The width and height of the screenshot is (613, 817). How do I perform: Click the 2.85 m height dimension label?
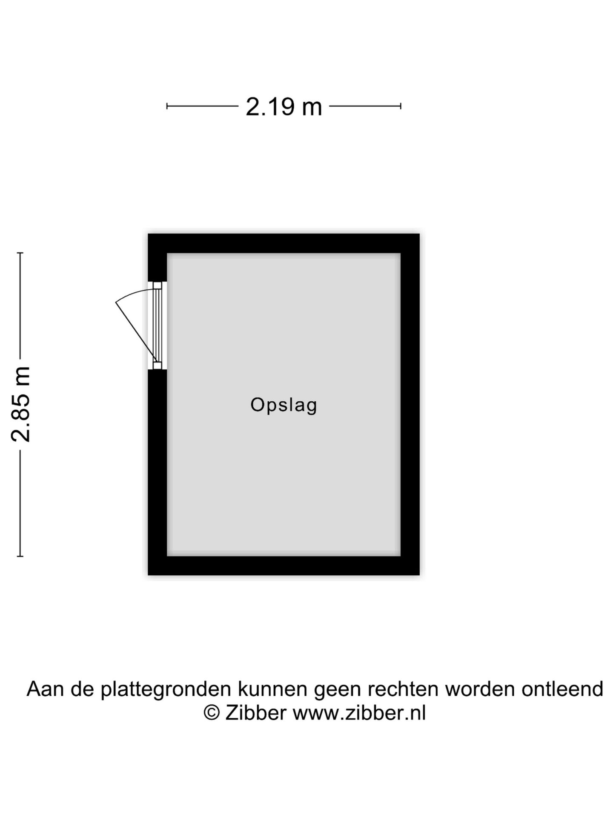(x=21, y=404)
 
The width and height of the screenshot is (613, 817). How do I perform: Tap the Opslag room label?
(x=284, y=405)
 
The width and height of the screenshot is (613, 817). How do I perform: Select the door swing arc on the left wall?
(x=135, y=294)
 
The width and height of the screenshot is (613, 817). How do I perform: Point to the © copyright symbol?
(x=212, y=713)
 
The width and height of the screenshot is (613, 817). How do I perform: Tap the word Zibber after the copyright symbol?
(x=256, y=713)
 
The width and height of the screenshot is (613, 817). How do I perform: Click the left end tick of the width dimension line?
(x=167, y=106)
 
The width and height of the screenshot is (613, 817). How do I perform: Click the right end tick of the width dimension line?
(x=401, y=106)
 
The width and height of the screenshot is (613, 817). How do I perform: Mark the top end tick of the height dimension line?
(x=20, y=253)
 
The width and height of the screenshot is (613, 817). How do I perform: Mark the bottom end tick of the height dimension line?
(x=20, y=556)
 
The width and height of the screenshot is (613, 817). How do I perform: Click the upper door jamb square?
(x=158, y=285)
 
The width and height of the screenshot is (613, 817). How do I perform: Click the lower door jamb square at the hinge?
(x=158, y=366)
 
